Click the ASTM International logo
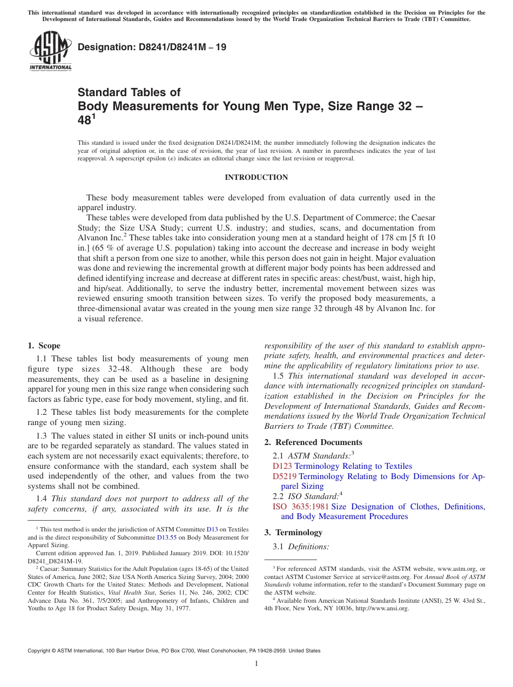pyautogui.click(x=50, y=52)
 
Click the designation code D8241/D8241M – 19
pyautogui.click(x=152, y=48)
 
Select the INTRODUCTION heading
pyautogui.click(x=256, y=178)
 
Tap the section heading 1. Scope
pyautogui.click(x=44, y=346)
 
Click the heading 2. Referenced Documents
pyautogui.click(x=306, y=442)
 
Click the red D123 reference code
pyautogui.click(x=282, y=466)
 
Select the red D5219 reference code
pyautogui.click(x=285, y=476)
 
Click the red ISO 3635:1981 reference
pyautogui.click(x=300, y=507)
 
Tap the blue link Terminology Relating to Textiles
pyautogui.click(x=353, y=466)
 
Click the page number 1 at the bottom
pyautogui.click(x=256, y=663)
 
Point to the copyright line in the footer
pyautogui.click(x=174, y=651)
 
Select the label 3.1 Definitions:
pyautogui.click(x=301, y=547)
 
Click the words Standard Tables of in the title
pyautogui.click(x=129, y=92)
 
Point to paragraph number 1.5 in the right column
pyautogui.click(x=279, y=376)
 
